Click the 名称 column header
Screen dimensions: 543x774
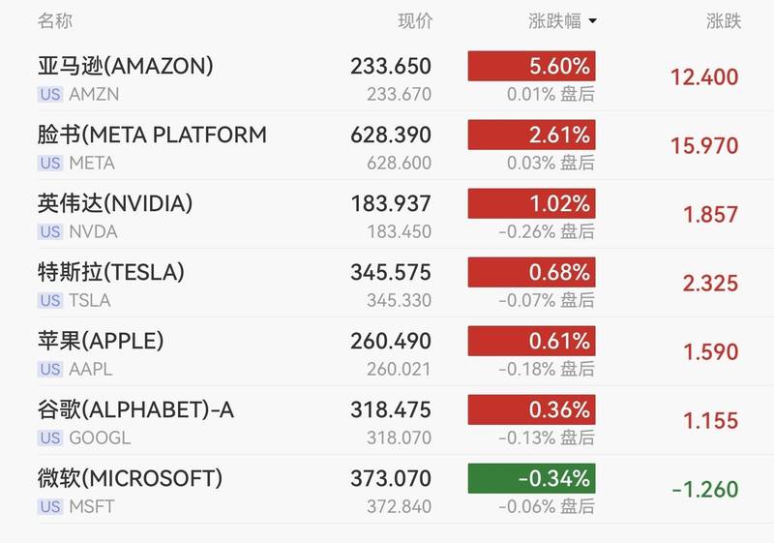point(55,20)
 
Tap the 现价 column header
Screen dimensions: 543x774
point(415,20)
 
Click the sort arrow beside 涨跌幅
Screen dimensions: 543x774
point(592,21)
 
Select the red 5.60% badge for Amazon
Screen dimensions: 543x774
point(531,66)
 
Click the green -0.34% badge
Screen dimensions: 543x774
point(531,478)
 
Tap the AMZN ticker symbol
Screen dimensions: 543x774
point(93,95)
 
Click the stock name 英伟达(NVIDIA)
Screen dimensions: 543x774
point(115,203)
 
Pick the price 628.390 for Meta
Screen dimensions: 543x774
point(391,135)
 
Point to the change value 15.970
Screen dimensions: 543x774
point(703,146)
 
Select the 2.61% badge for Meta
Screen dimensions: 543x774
point(531,135)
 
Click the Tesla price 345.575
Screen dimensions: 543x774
point(391,272)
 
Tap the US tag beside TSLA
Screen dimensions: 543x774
point(50,301)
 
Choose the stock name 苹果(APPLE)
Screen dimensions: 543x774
point(101,341)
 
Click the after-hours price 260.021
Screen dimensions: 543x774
point(399,370)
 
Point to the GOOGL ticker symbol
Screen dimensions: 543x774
point(100,438)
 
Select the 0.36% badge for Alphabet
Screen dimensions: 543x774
point(531,409)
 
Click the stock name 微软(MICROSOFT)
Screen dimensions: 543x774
point(130,478)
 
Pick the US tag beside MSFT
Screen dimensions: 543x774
point(50,507)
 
